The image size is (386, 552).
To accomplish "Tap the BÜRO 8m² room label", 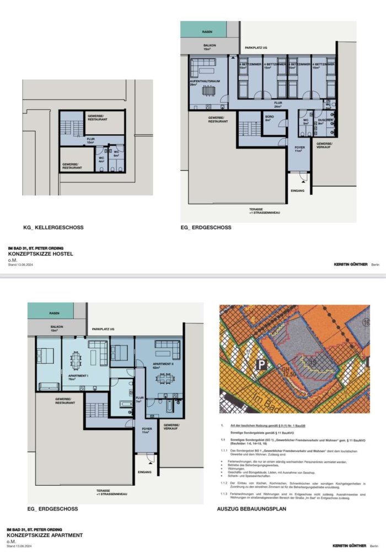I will coord(268,119).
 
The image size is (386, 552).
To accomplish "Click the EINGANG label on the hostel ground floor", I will coord(297,190).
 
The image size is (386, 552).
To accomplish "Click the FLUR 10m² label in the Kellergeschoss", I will coord(92,140).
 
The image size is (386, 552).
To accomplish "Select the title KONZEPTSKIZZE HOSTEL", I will coord(40,254).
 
